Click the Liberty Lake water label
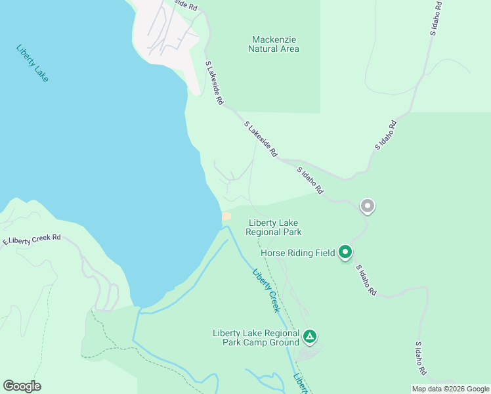tap(32, 64)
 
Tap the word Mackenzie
tap(274, 39)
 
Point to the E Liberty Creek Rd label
tap(32, 240)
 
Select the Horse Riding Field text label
tap(298, 252)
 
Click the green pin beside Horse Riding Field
tap(345, 252)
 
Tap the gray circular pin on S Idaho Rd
tap(368, 206)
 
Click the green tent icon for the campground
tap(310, 338)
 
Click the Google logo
tap(22, 386)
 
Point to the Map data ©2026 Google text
tap(450, 389)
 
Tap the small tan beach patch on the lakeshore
tap(226, 216)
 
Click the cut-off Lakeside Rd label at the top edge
tap(184, 5)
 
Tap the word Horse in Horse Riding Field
tap(274, 252)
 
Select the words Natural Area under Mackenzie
tap(274, 49)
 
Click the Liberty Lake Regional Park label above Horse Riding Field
tap(274, 227)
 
